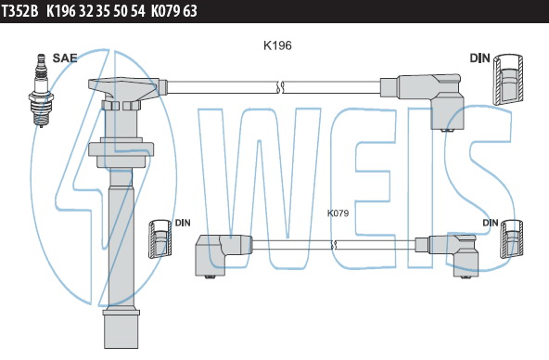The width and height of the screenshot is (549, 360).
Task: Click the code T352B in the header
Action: click(20, 11)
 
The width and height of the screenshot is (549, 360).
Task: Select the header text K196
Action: click(61, 11)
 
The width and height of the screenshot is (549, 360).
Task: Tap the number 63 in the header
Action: click(190, 11)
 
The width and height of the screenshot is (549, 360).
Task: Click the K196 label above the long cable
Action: click(277, 45)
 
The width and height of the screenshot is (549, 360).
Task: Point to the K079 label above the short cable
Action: click(338, 212)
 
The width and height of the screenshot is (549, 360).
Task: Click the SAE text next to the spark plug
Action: click(65, 58)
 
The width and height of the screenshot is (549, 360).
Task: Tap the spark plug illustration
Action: click(42, 91)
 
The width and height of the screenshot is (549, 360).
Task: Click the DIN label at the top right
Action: click(479, 58)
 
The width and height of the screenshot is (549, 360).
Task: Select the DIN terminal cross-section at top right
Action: click(508, 80)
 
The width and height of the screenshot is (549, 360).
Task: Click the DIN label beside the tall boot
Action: click(183, 223)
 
